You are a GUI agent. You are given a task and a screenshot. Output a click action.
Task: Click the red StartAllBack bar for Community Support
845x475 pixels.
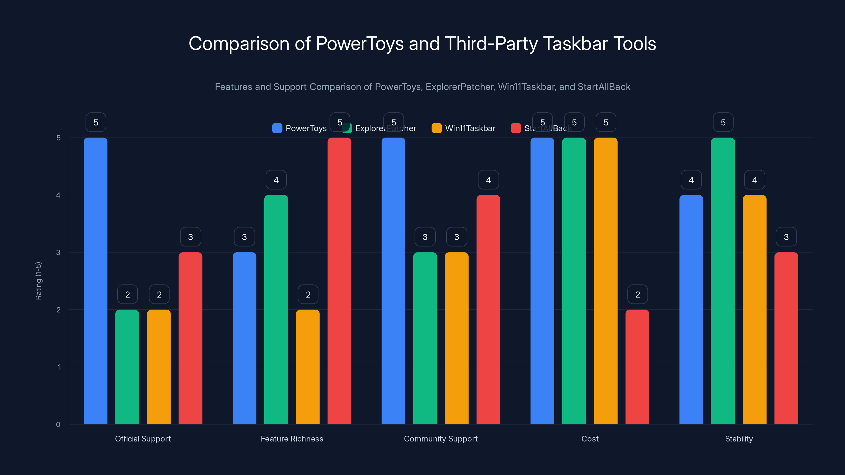(x=488, y=310)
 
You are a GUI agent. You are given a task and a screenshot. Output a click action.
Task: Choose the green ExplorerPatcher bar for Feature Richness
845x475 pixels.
(x=276, y=310)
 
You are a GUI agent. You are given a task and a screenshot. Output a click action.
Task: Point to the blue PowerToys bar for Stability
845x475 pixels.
(x=691, y=310)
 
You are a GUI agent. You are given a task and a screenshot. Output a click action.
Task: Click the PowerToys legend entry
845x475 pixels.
(x=299, y=128)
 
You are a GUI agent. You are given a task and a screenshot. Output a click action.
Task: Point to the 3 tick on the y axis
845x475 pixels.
(x=58, y=253)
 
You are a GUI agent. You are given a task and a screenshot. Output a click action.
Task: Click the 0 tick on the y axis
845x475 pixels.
(x=58, y=425)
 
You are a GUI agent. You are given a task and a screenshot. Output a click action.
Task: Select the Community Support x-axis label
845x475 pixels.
(x=440, y=439)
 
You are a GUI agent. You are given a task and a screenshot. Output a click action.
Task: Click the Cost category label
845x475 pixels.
(x=590, y=439)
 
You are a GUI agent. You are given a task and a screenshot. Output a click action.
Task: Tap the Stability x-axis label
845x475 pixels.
(x=739, y=439)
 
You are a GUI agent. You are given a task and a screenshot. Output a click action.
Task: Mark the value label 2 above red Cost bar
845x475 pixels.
(x=637, y=294)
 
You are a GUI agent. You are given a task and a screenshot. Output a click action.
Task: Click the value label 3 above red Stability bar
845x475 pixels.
(x=786, y=237)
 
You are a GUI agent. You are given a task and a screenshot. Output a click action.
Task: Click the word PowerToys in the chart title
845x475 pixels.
(x=359, y=44)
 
